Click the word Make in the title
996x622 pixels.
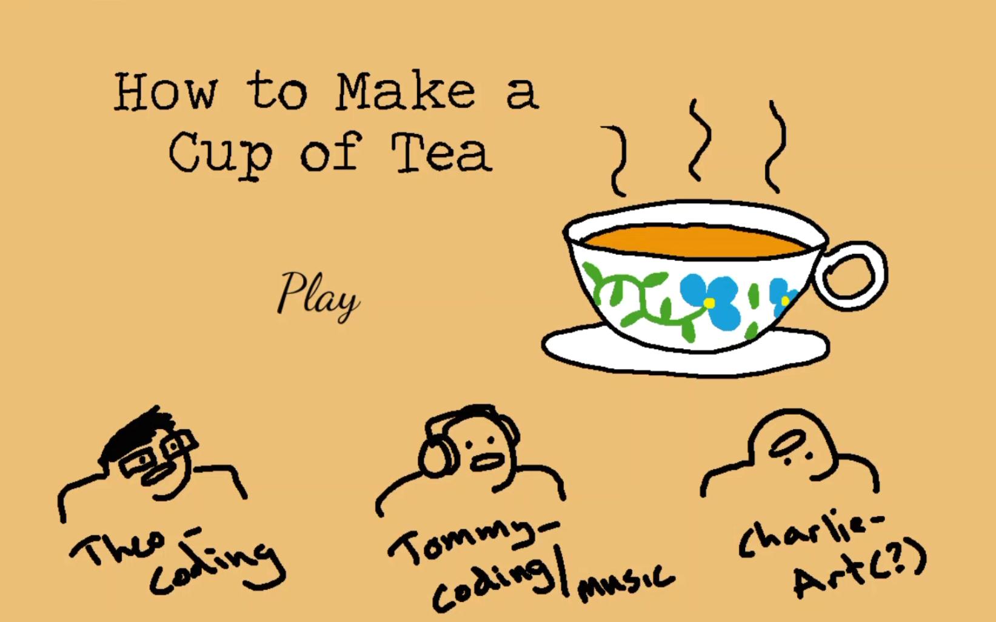click(405, 92)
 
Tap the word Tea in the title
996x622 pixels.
click(441, 153)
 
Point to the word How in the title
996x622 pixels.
click(165, 92)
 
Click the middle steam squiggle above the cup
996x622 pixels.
click(700, 140)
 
